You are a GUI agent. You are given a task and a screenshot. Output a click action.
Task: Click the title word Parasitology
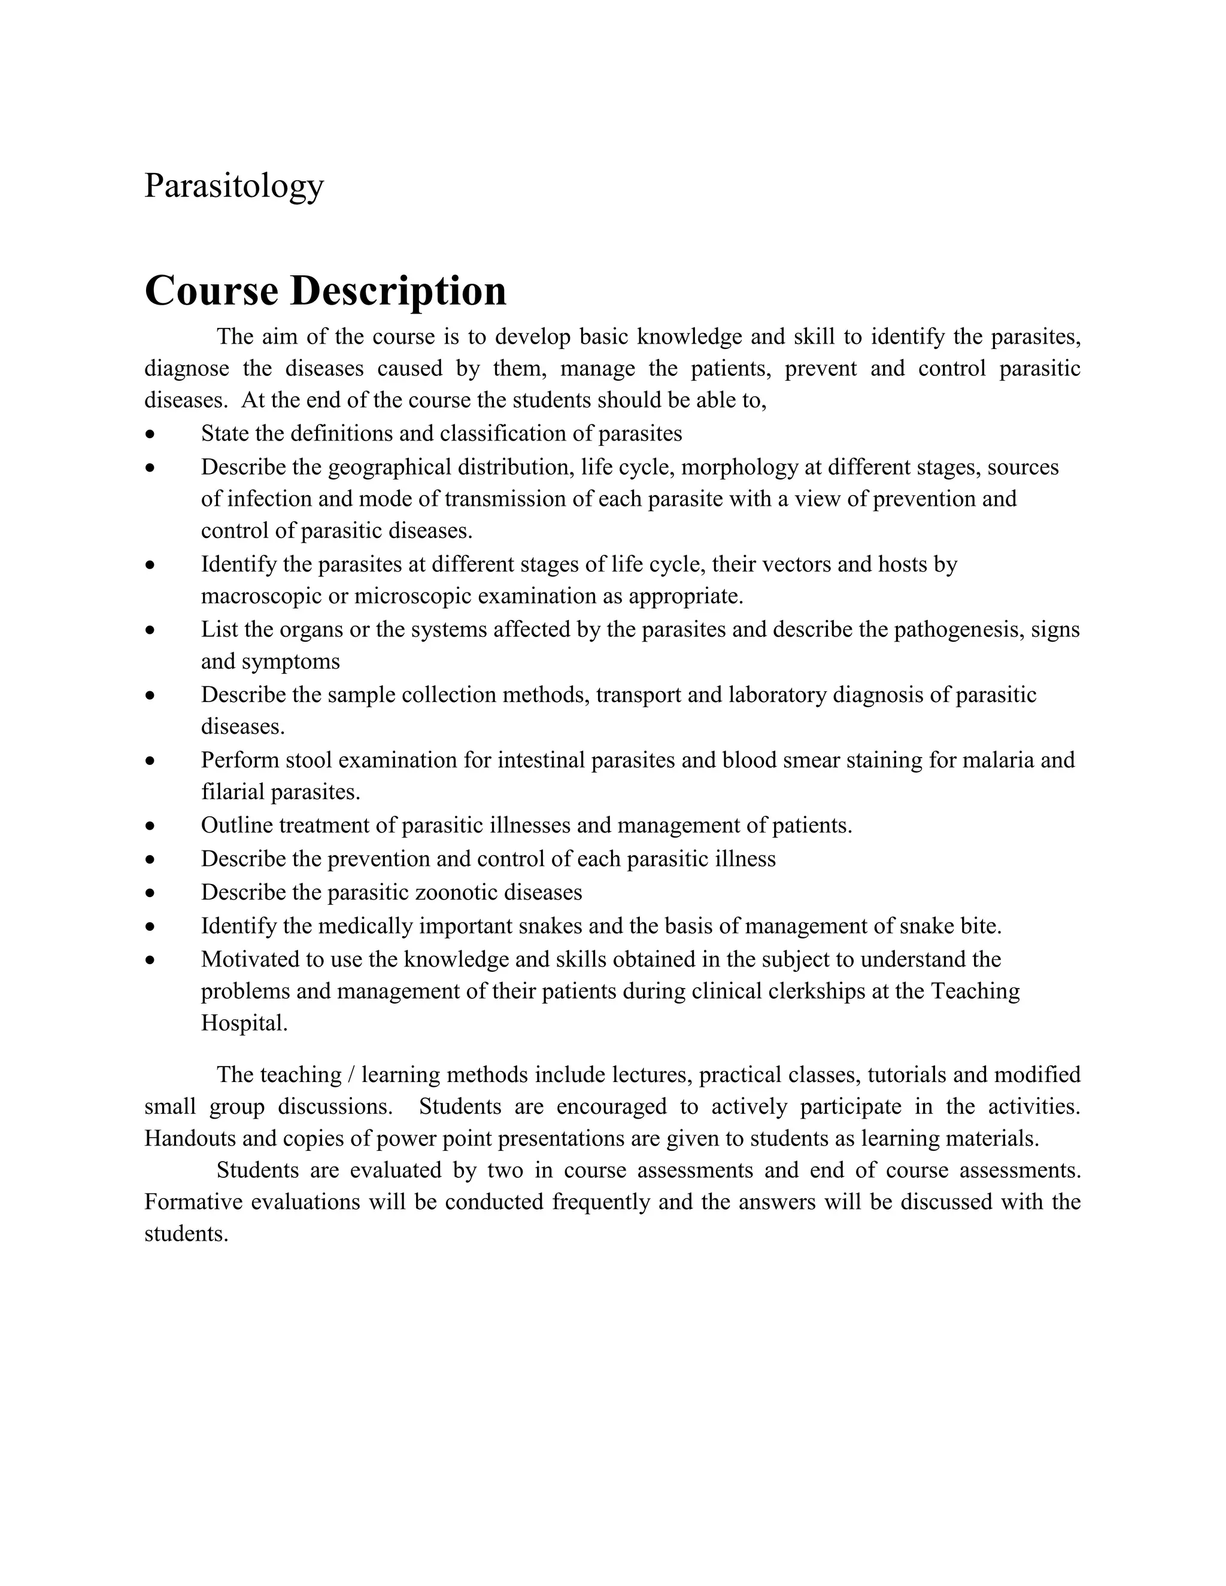234,186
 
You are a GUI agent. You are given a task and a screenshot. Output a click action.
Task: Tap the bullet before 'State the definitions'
150,435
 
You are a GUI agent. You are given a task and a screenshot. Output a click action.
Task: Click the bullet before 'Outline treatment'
150,827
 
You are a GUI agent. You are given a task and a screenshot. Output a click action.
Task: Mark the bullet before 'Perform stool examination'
150,761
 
